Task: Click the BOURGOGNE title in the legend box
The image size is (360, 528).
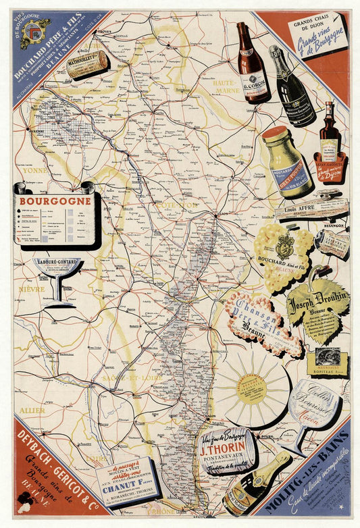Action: (x=55, y=201)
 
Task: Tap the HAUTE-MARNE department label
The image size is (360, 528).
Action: (x=228, y=84)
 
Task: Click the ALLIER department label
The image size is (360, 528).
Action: (x=32, y=410)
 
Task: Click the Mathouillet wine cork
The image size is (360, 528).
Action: (x=87, y=65)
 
